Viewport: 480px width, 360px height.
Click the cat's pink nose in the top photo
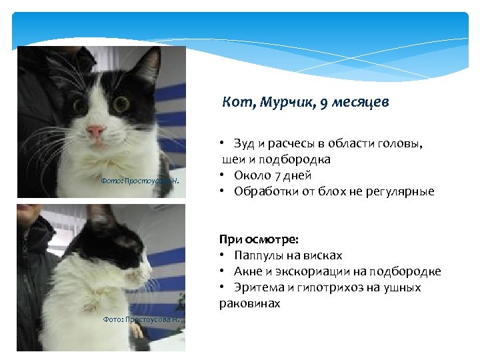[x=96, y=129]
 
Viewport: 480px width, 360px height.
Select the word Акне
[x=247, y=271]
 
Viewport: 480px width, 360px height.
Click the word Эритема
[x=256, y=287]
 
